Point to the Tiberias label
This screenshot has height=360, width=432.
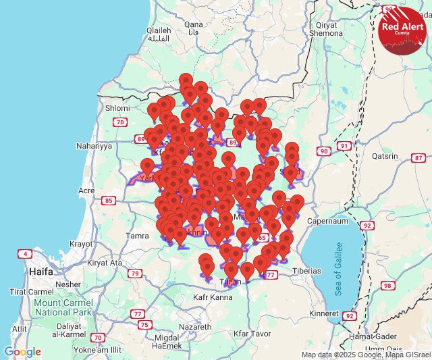point(306,270)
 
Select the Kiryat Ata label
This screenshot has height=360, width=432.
point(106,263)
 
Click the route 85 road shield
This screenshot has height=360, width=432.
point(107,201)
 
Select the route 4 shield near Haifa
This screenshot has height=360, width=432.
point(25,254)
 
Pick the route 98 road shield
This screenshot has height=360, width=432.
point(387,286)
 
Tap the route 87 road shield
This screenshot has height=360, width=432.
point(416,157)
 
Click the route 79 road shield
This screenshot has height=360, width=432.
point(136,274)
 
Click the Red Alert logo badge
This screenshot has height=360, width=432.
point(403,28)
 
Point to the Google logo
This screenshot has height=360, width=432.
point(22,352)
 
